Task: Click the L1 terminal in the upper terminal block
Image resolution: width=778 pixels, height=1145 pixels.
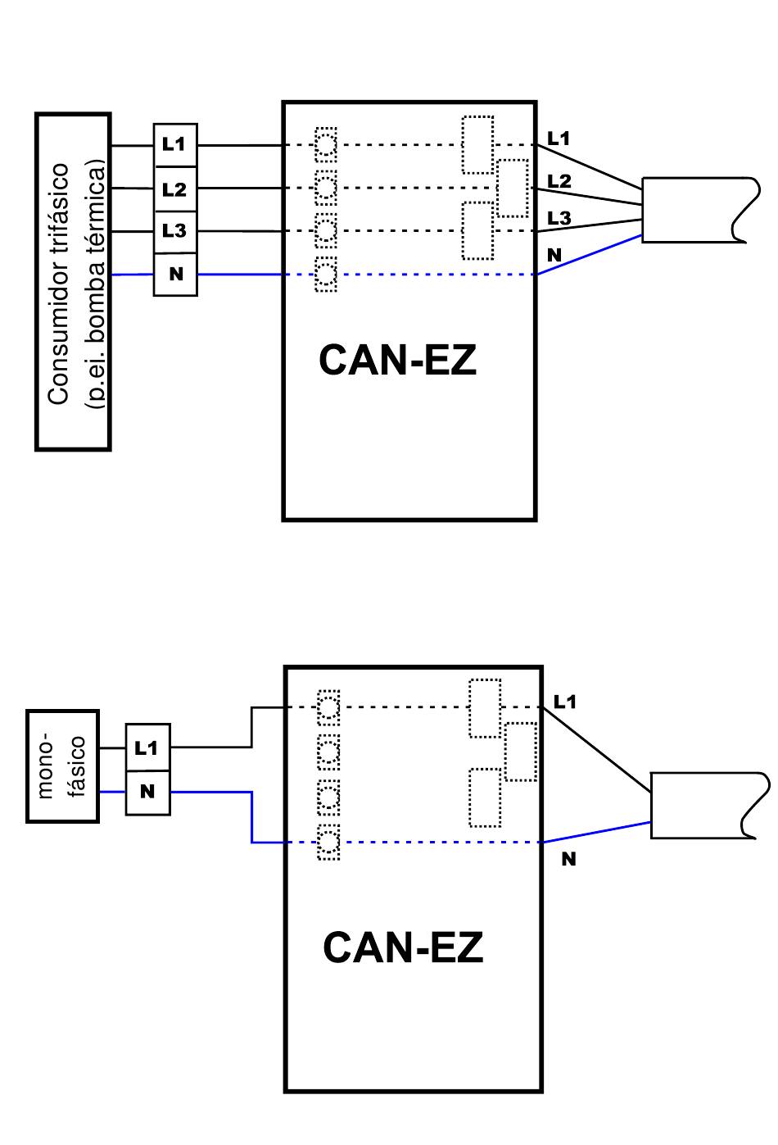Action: click(x=175, y=145)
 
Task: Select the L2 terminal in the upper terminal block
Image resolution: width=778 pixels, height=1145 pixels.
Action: click(x=175, y=189)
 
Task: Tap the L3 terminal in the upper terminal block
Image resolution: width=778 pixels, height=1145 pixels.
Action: click(x=175, y=232)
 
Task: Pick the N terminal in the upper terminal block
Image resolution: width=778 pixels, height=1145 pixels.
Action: click(x=175, y=275)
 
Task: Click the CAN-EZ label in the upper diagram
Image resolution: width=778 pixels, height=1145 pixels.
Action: click(x=397, y=361)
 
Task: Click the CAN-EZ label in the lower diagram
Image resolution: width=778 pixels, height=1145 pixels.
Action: click(x=403, y=947)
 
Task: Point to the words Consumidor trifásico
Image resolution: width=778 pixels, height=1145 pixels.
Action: click(x=58, y=284)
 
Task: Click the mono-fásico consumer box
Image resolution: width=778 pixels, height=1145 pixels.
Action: click(x=62, y=766)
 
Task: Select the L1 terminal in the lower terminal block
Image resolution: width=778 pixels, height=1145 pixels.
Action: click(x=147, y=747)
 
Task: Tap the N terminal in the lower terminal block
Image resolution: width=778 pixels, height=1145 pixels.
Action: click(x=147, y=793)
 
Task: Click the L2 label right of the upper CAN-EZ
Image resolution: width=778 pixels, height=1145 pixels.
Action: click(x=559, y=181)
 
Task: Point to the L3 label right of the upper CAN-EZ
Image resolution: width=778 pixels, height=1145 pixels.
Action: click(x=559, y=218)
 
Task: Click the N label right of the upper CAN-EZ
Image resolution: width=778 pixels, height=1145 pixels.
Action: click(x=554, y=255)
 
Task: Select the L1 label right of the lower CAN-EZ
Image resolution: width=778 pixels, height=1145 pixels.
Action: click(x=565, y=702)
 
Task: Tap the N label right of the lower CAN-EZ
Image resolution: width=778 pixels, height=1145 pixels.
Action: click(x=568, y=859)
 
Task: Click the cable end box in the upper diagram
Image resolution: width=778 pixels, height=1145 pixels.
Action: click(x=700, y=210)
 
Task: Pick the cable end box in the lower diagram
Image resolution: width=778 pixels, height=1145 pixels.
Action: click(x=709, y=805)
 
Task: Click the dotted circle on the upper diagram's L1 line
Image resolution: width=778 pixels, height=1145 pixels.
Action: click(x=326, y=144)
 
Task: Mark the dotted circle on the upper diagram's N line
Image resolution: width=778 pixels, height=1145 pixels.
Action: click(x=326, y=275)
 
